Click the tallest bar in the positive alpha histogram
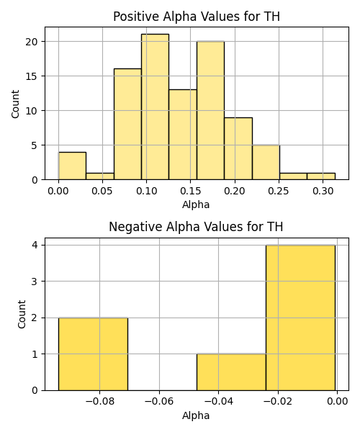155,107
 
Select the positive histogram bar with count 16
127,125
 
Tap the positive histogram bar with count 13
183,135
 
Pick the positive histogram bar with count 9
238,149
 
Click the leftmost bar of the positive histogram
72,166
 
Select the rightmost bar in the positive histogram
321,176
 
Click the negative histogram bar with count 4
300,318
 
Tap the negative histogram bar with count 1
231,372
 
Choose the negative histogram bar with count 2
93,354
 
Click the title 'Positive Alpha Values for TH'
197,17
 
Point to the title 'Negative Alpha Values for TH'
196,227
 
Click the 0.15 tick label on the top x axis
190,191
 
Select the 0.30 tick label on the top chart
323,191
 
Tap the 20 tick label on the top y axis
31,42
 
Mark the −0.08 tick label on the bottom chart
99,402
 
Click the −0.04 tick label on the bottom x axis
219,402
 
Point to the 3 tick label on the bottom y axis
35,282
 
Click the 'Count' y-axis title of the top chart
15,104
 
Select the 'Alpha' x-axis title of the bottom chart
196,415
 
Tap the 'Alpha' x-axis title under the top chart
196,204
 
